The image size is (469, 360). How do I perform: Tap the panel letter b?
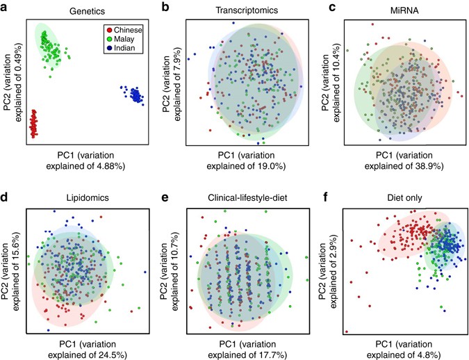point(165,7)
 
